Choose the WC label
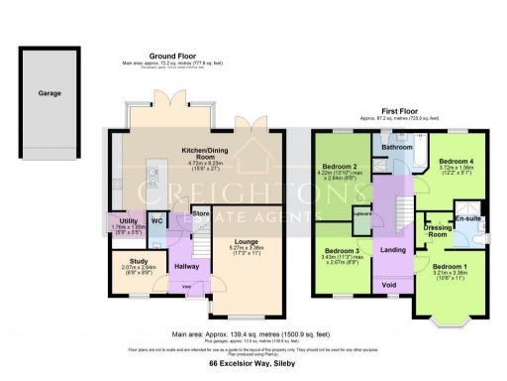[156, 220]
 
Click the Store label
[201, 212]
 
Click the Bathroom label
[397, 147]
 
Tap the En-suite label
[466, 218]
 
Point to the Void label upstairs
[389, 286]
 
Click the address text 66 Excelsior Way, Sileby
[253, 364]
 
